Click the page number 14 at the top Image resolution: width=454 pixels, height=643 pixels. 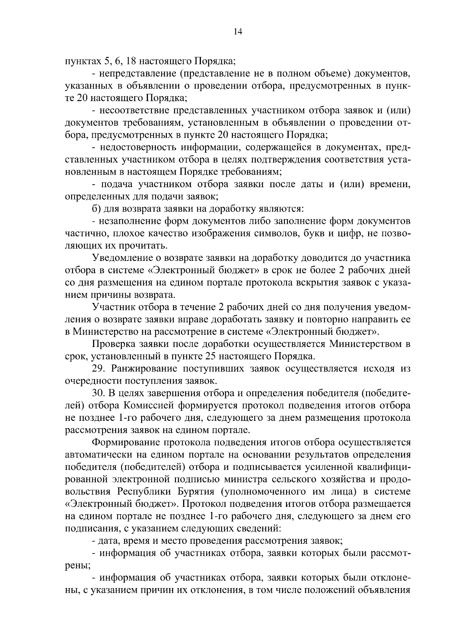pyautogui.click(x=238, y=32)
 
